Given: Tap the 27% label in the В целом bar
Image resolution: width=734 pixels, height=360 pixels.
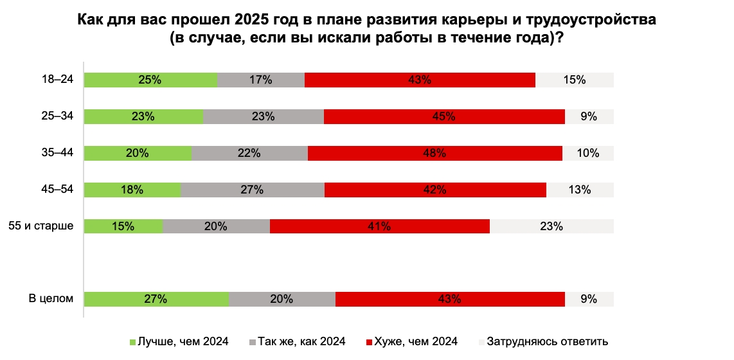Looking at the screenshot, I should coord(156,299).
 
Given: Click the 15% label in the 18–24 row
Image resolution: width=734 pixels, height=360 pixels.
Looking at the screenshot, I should coord(575,80).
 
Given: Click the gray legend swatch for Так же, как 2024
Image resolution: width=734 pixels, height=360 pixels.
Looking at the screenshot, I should coord(253,342).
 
